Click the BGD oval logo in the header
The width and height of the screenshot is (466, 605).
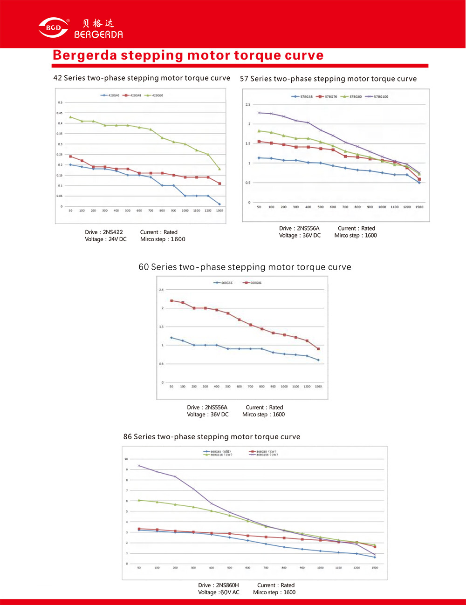click(53, 27)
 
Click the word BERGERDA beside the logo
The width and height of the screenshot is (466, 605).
click(98, 34)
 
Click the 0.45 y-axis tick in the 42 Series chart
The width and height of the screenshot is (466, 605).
click(60, 113)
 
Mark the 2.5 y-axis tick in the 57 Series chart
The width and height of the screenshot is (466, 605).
click(248, 105)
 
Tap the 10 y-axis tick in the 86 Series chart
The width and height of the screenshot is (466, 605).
click(126, 459)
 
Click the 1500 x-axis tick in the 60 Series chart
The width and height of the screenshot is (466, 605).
click(318, 387)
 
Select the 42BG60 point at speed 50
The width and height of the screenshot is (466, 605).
click(70, 117)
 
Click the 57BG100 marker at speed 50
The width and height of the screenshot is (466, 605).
click(259, 113)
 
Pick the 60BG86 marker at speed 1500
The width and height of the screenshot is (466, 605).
click(318, 349)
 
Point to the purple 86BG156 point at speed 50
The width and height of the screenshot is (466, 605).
click(139, 466)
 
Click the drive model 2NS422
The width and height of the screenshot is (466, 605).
click(113, 232)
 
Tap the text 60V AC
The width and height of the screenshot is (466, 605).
click(230, 592)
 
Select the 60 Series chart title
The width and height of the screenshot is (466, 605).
click(245, 267)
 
